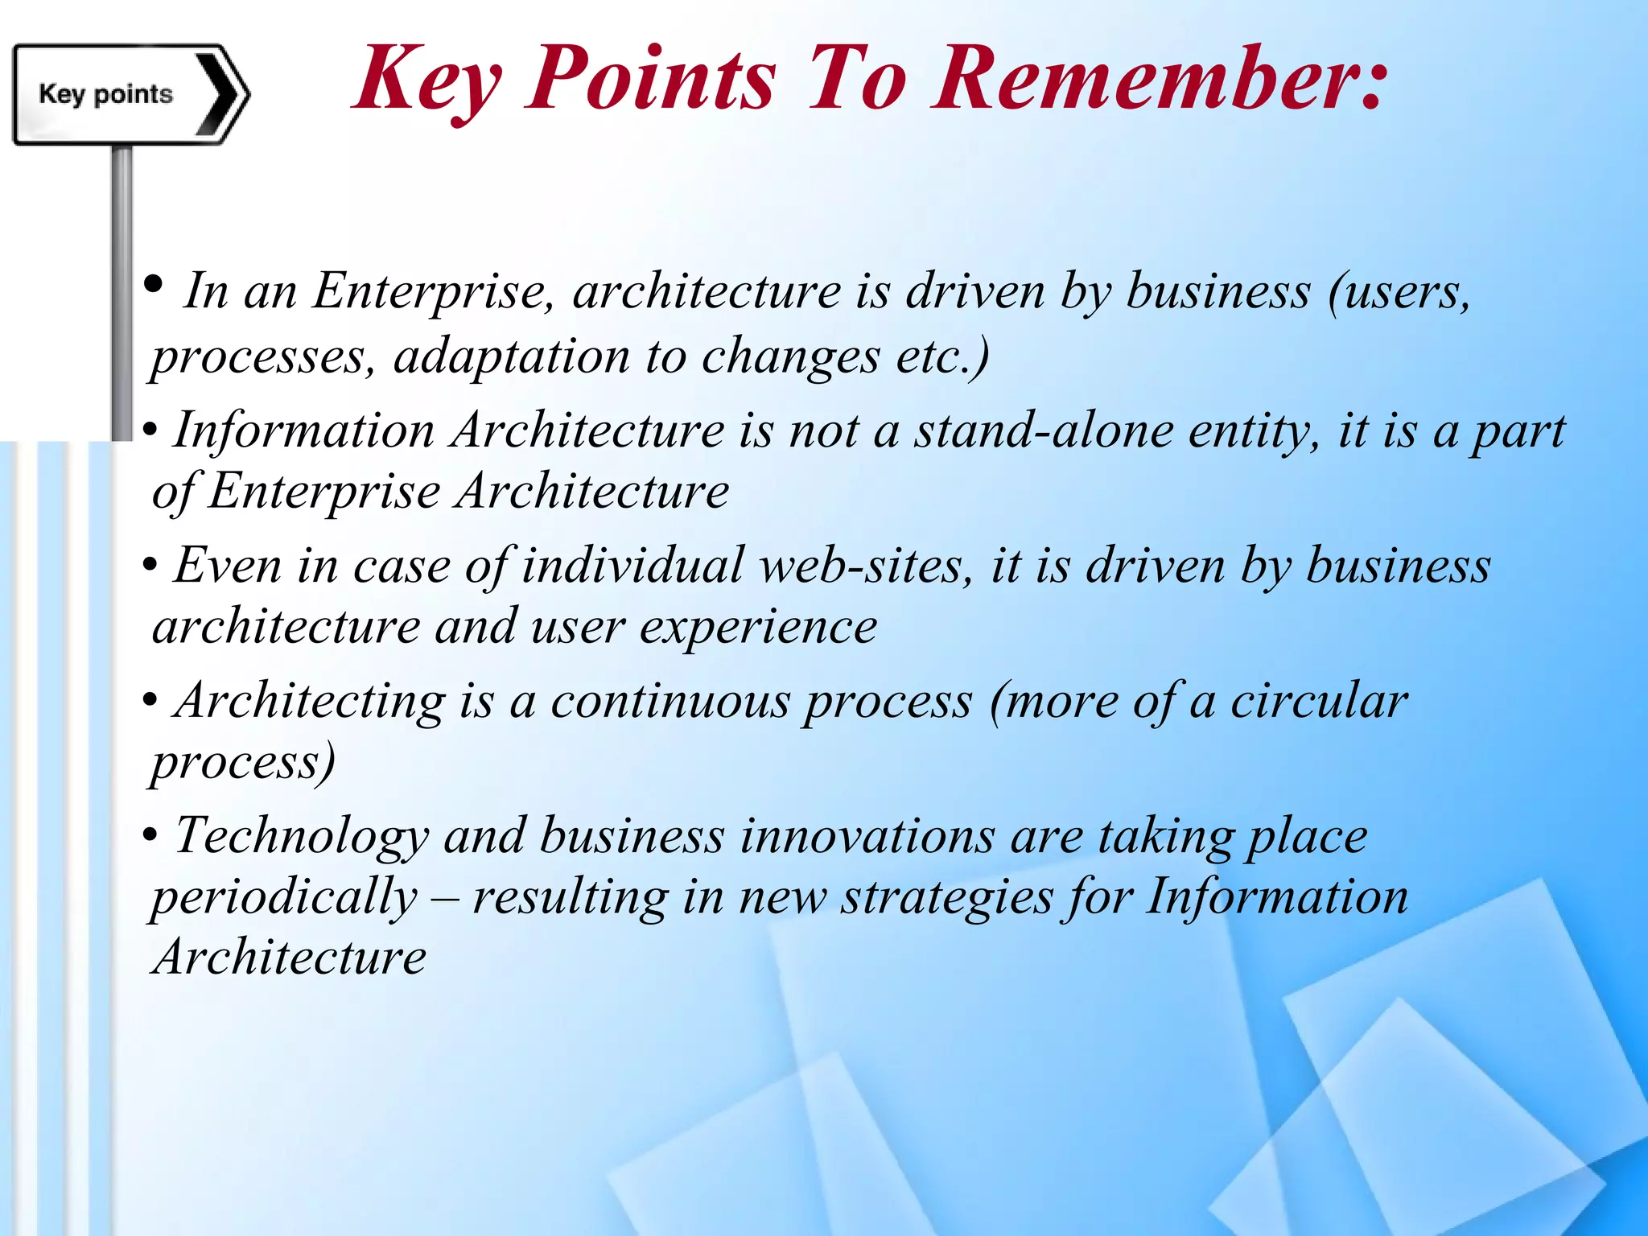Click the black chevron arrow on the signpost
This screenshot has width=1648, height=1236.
[220, 95]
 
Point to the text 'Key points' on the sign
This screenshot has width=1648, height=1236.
[105, 94]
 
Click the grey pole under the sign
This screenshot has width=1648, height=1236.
[122, 290]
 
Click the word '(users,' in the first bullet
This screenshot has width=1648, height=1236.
[1399, 291]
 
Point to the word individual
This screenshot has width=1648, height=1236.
[632, 566]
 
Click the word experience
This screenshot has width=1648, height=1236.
[757, 628]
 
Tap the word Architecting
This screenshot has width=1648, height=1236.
[310, 702]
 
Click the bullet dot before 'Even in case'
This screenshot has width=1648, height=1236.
[150, 566]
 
